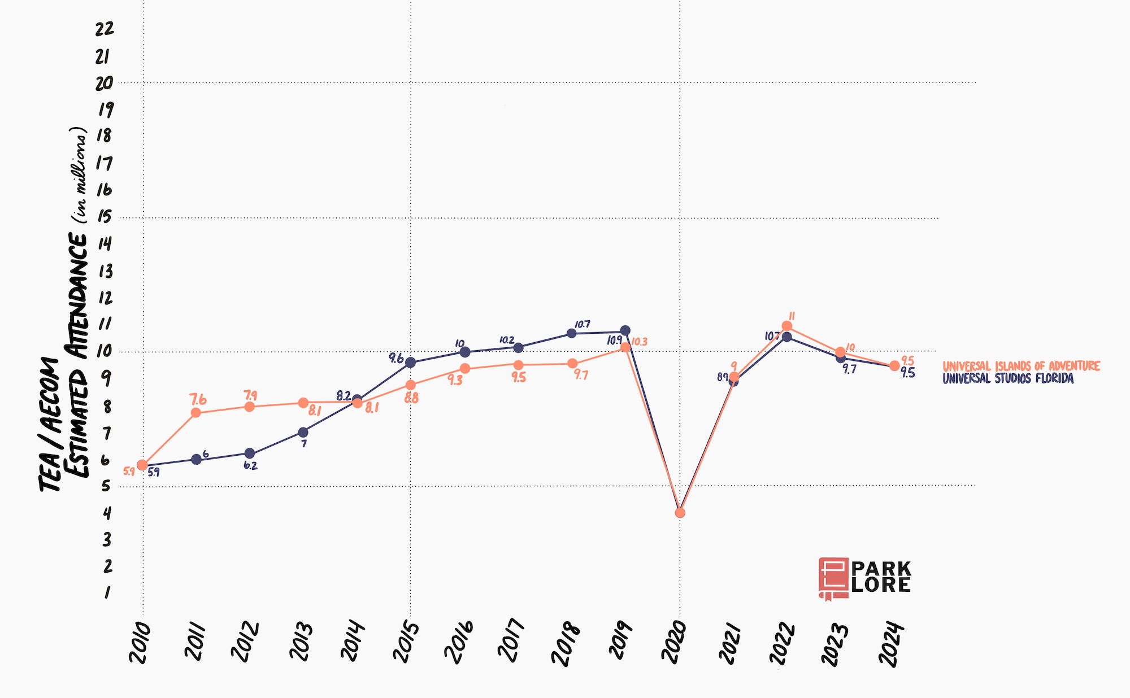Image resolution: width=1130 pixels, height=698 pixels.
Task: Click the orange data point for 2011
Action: (196, 413)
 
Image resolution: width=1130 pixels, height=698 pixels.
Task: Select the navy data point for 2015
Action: (411, 363)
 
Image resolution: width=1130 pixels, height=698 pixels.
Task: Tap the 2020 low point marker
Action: (680, 513)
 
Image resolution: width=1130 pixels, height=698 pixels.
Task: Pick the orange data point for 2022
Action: (786, 326)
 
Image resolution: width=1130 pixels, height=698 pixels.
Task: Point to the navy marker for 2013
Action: (303, 433)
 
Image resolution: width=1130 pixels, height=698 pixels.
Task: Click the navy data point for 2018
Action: (572, 333)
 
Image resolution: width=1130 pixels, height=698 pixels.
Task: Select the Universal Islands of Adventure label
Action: (1021, 366)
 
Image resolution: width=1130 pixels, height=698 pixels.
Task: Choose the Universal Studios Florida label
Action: (1008, 378)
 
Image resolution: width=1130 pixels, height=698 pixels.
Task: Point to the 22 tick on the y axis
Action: (105, 28)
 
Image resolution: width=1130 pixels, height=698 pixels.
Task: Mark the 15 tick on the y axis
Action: (105, 217)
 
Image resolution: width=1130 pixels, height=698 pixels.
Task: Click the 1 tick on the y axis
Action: (106, 592)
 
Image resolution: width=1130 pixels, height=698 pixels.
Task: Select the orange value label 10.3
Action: (639, 342)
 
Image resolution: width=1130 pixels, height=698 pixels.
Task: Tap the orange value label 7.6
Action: (198, 399)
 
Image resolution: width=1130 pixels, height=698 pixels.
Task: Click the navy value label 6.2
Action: (250, 466)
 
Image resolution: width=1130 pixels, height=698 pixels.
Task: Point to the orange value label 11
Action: (792, 316)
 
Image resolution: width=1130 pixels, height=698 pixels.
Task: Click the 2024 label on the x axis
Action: (890, 644)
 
